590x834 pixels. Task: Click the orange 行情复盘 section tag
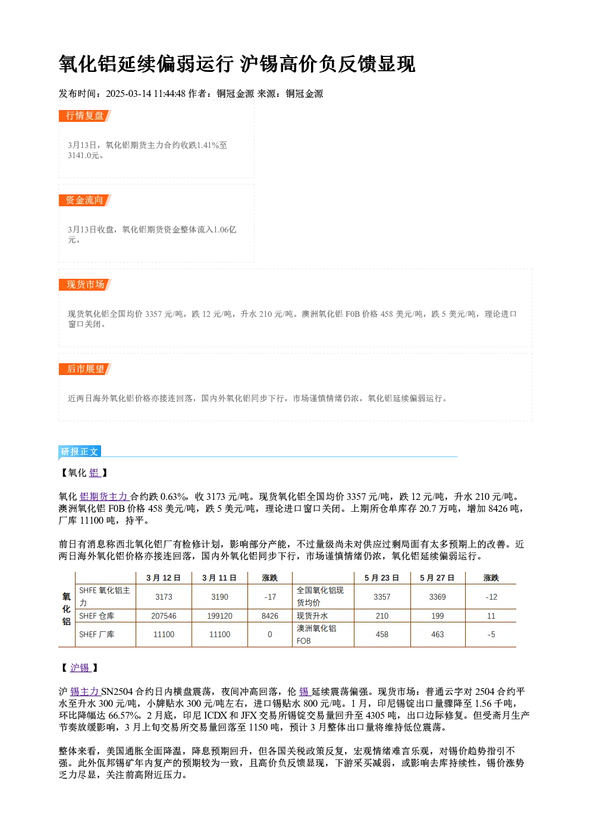click(x=84, y=116)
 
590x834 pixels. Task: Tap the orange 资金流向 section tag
click(x=84, y=200)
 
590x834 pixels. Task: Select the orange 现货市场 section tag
click(x=84, y=285)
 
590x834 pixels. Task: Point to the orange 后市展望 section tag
click(x=84, y=369)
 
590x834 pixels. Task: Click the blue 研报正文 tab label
click(x=80, y=452)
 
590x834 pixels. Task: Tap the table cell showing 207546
click(x=164, y=616)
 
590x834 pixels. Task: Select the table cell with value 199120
click(x=219, y=616)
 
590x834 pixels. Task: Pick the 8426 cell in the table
click(x=269, y=616)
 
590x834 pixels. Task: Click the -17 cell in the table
click(x=270, y=597)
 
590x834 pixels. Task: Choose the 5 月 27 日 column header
click(x=437, y=578)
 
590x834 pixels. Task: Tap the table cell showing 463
click(x=437, y=634)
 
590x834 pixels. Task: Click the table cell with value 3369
click(x=437, y=597)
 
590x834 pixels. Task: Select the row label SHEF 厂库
click(x=96, y=634)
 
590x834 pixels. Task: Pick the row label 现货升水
click(x=312, y=616)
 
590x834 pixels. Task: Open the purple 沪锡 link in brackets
click(x=80, y=668)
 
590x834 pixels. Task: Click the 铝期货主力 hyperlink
click(x=104, y=497)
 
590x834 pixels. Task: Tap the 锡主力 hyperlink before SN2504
click(x=85, y=692)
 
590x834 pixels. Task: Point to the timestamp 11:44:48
click(x=170, y=94)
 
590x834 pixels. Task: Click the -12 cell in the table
click(x=491, y=597)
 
